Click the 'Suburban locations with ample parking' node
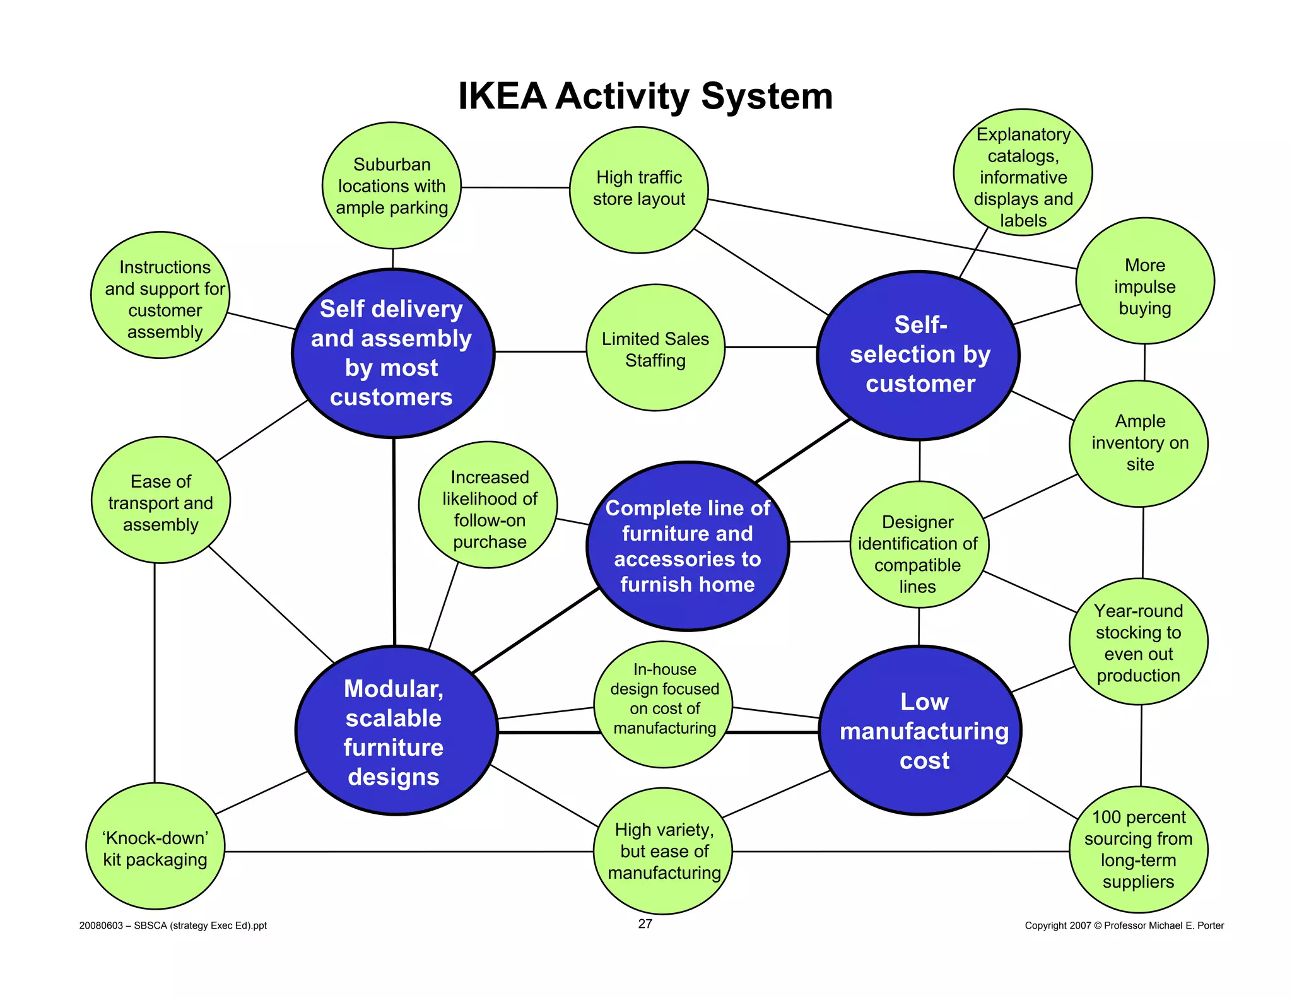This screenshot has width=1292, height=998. click(x=392, y=185)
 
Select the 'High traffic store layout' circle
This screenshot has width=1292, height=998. click(x=639, y=190)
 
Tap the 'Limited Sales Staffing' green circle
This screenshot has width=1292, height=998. click(x=655, y=348)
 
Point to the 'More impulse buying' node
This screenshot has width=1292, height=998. click(x=1145, y=281)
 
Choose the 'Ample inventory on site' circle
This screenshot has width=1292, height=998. click(x=1139, y=443)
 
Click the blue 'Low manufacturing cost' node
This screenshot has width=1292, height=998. click(x=920, y=730)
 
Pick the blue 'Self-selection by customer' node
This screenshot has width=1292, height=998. click(x=919, y=355)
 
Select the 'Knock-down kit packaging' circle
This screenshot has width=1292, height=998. click(x=155, y=846)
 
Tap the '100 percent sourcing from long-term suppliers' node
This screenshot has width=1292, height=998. click(x=1139, y=850)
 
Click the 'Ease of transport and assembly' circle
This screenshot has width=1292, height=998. click(x=161, y=500)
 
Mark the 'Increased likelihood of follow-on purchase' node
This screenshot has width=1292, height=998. click(x=488, y=505)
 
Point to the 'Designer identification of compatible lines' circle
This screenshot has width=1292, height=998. click(x=919, y=545)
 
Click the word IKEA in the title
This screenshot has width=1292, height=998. click(x=502, y=97)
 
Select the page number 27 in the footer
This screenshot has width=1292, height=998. click(x=645, y=924)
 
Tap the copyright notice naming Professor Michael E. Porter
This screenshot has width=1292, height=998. click(x=1124, y=925)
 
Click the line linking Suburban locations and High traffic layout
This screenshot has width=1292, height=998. click(x=515, y=187)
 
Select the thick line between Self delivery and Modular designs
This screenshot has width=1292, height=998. click(x=394, y=542)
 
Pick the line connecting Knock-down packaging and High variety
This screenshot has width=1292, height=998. click(x=409, y=852)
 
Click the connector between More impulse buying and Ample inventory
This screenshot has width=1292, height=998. click(x=1144, y=362)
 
